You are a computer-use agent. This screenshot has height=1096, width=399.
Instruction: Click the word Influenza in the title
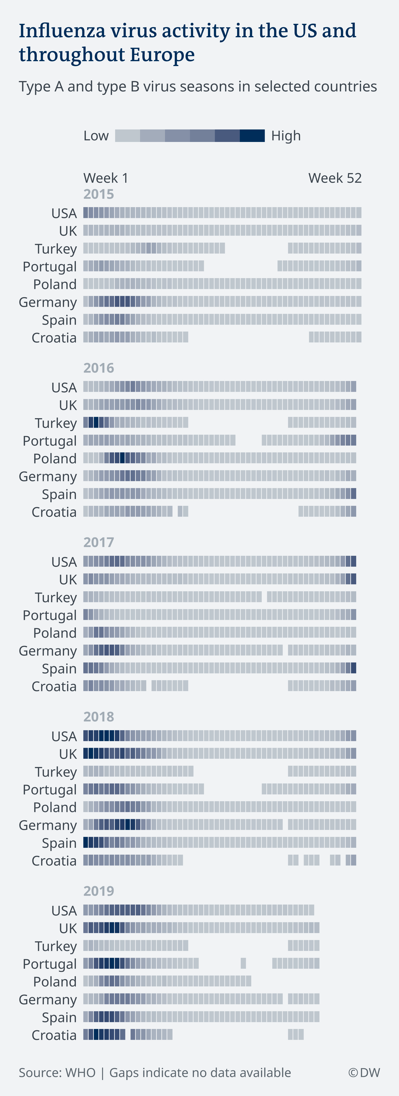point(62,31)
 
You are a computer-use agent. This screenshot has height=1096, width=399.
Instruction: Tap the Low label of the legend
point(96,136)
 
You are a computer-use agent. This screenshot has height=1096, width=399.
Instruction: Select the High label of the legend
point(286,136)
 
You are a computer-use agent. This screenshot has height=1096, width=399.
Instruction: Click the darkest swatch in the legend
point(252,136)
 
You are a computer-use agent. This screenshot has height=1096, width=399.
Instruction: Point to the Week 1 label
point(106,178)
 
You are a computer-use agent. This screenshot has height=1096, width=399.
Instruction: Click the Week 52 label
point(335,178)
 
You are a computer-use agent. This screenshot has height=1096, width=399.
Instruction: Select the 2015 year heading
point(99,194)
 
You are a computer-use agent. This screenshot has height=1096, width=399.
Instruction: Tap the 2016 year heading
point(99,368)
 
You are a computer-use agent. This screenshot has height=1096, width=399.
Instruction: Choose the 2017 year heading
point(99,543)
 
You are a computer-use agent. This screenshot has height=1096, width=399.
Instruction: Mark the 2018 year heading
point(99,717)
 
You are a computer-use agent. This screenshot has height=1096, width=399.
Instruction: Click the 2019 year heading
point(99,891)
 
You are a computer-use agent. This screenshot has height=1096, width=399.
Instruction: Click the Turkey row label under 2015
point(56,249)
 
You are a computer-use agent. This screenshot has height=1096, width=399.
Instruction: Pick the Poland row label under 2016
point(55,459)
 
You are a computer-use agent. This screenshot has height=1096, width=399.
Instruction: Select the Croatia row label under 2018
point(54,861)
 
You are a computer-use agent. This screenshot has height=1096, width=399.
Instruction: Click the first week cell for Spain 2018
point(86,842)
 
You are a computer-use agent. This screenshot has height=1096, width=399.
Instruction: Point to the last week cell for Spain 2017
point(353,668)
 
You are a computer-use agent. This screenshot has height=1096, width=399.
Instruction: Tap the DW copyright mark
point(364,1073)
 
